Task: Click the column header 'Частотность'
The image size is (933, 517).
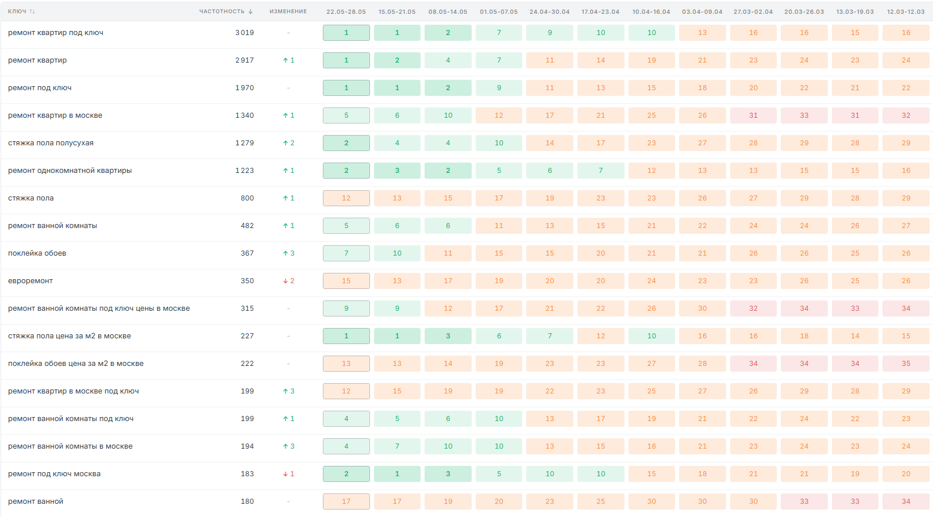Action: click(x=222, y=11)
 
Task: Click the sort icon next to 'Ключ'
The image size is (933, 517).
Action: click(x=33, y=11)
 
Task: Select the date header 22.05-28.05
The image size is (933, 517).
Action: click(x=346, y=11)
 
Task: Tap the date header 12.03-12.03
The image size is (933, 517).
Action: click(x=905, y=11)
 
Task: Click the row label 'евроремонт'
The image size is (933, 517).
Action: click(x=30, y=281)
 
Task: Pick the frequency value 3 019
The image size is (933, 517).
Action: click(x=245, y=33)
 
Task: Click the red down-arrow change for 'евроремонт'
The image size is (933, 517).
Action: click(x=288, y=281)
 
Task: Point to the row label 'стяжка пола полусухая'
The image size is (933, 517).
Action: click(x=51, y=143)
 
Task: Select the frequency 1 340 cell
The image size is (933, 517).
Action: click(x=245, y=115)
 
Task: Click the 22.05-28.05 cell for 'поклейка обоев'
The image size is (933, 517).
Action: click(x=346, y=253)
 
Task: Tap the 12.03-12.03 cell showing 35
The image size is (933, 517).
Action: click(x=906, y=364)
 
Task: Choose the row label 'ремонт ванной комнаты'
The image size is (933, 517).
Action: click(x=52, y=226)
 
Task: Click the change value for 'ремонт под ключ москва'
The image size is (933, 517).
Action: click(x=288, y=474)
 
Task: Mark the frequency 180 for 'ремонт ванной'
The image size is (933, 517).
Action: click(x=247, y=501)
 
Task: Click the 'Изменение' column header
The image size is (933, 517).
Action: click(x=288, y=11)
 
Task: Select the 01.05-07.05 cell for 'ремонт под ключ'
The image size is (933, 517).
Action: click(x=499, y=88)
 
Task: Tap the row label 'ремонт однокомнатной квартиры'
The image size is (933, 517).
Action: click(x=70, y=171)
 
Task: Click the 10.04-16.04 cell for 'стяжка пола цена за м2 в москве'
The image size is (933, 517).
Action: click(x=651, y=336)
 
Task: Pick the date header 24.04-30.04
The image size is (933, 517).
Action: click(x=549, y=11)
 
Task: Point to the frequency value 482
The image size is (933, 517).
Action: click(x=247, y=226)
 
